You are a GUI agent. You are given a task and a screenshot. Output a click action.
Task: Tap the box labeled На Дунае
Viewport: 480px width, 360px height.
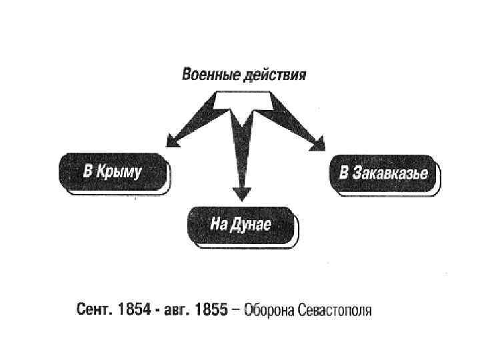[241, 224]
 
